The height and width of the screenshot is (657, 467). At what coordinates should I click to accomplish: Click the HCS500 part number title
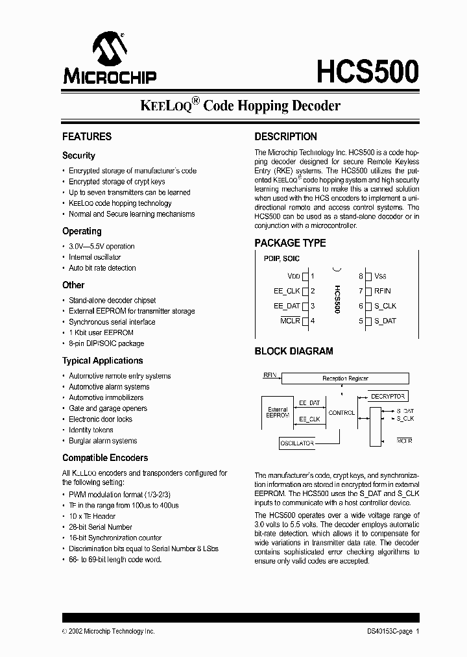(x=367, y=70)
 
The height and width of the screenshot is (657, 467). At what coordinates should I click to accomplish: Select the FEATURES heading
(x=87, y=137)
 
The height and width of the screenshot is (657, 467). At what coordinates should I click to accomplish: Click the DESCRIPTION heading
(x=285, y=137)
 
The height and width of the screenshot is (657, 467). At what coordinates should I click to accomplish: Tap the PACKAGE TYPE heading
(x=290, y=243)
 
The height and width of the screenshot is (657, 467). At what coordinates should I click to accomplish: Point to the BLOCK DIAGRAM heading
(x=293, y=351)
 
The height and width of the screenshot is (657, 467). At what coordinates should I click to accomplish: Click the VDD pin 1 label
(x=294, y=276)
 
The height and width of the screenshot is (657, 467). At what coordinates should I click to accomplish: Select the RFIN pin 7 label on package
(x=383, y=291)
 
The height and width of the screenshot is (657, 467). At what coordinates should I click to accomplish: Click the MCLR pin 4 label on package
(x=289, y=321)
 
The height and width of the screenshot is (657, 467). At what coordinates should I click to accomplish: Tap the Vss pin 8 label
(x=381, y=276)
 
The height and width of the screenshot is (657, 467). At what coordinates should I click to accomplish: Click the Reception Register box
(x=345, y=378)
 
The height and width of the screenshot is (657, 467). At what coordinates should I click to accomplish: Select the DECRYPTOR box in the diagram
(x=387, y=396)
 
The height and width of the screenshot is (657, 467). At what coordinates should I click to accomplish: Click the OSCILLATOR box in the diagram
(x=297, y=443)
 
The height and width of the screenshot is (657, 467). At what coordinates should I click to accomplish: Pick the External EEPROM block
(x=278, y=412)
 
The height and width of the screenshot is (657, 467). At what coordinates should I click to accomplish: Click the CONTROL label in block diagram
(x=342, y=413)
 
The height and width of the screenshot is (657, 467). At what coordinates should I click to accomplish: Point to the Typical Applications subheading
(x=102, y=361)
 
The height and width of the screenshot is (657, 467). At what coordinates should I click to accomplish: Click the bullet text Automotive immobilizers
(x=106, y=397)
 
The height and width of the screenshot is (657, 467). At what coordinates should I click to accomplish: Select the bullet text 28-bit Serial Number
(x=101, y=527)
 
